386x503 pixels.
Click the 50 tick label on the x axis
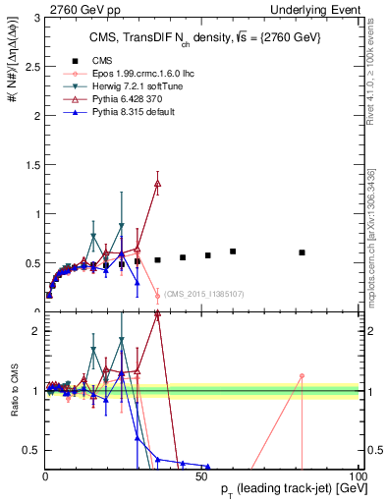[x=201, y=475]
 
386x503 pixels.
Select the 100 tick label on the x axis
[x=358, y=475]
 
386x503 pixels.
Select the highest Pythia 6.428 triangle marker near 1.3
[x=158, y=184]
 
